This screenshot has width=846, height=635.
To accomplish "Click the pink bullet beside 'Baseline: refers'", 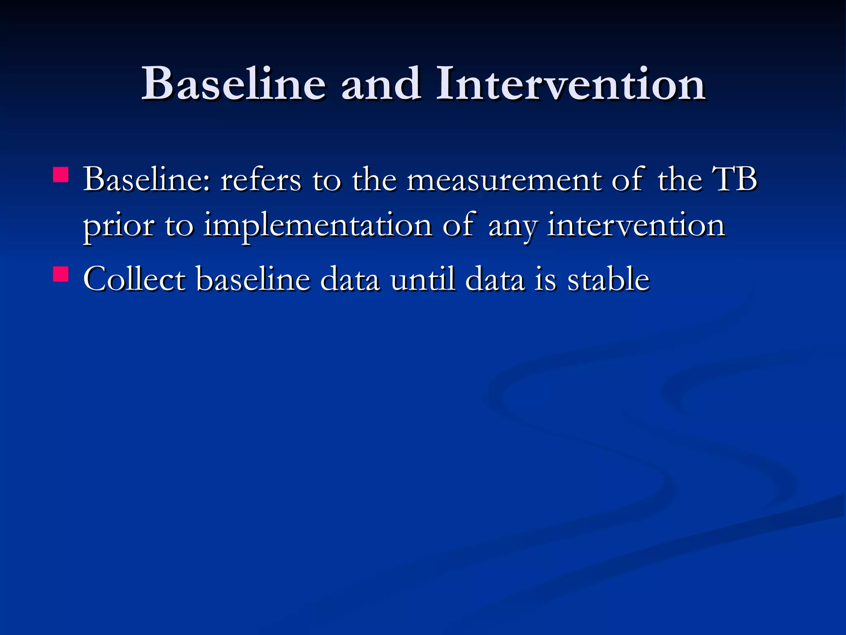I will coord(61,174).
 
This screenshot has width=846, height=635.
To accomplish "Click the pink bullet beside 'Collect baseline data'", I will coord(61,274).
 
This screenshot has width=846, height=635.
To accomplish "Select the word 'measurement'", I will coord(504,180).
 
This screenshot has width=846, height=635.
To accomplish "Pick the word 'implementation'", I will coord(318,227).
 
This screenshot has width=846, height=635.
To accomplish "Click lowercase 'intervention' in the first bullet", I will coord(636,226).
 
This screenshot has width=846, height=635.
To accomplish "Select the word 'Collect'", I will coord(135,279).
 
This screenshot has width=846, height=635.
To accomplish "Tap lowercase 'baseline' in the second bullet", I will coord(253,279).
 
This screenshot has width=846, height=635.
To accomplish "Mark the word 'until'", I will coord(423,279).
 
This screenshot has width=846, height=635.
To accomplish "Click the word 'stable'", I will coord(608,279).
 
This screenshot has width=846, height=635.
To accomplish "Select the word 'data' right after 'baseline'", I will coord(350,279).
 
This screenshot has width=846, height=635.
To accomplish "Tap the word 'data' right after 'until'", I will coord(495,279).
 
